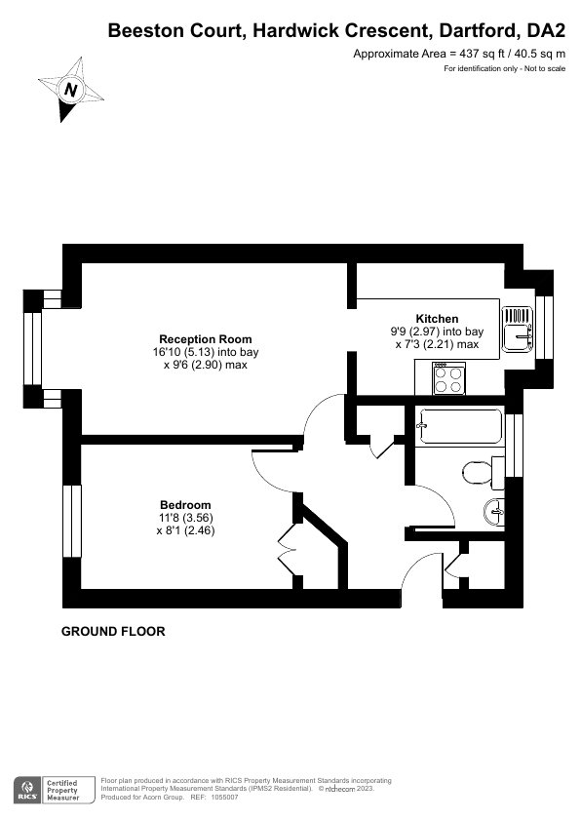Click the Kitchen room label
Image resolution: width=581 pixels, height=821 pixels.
click(437, 318)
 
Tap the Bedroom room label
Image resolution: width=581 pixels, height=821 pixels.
click(185, 505)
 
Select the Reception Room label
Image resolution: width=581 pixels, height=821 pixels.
click(206, 339)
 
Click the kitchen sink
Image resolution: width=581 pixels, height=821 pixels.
click(517, 329)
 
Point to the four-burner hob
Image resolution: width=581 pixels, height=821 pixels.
click(449, 379)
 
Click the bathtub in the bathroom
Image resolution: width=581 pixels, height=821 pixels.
click(459, 426)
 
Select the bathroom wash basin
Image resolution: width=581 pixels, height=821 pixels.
click(494, 511)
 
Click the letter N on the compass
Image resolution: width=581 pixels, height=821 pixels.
click(70, 89)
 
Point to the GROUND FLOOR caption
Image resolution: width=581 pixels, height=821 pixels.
click(113, 632)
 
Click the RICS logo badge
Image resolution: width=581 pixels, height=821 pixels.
click(27, 790)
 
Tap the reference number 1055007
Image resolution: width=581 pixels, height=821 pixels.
click(224, 798)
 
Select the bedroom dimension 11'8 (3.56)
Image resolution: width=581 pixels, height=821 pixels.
click(186, 518)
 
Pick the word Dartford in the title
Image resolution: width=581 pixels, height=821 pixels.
click(478, 31)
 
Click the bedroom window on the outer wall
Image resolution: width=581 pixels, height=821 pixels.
click(72, 521)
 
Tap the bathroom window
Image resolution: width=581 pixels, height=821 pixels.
click(514, 445)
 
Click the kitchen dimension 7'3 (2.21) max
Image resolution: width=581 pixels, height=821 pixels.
click(437, 344)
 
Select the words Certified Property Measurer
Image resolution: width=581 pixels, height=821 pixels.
click(62, 790)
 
